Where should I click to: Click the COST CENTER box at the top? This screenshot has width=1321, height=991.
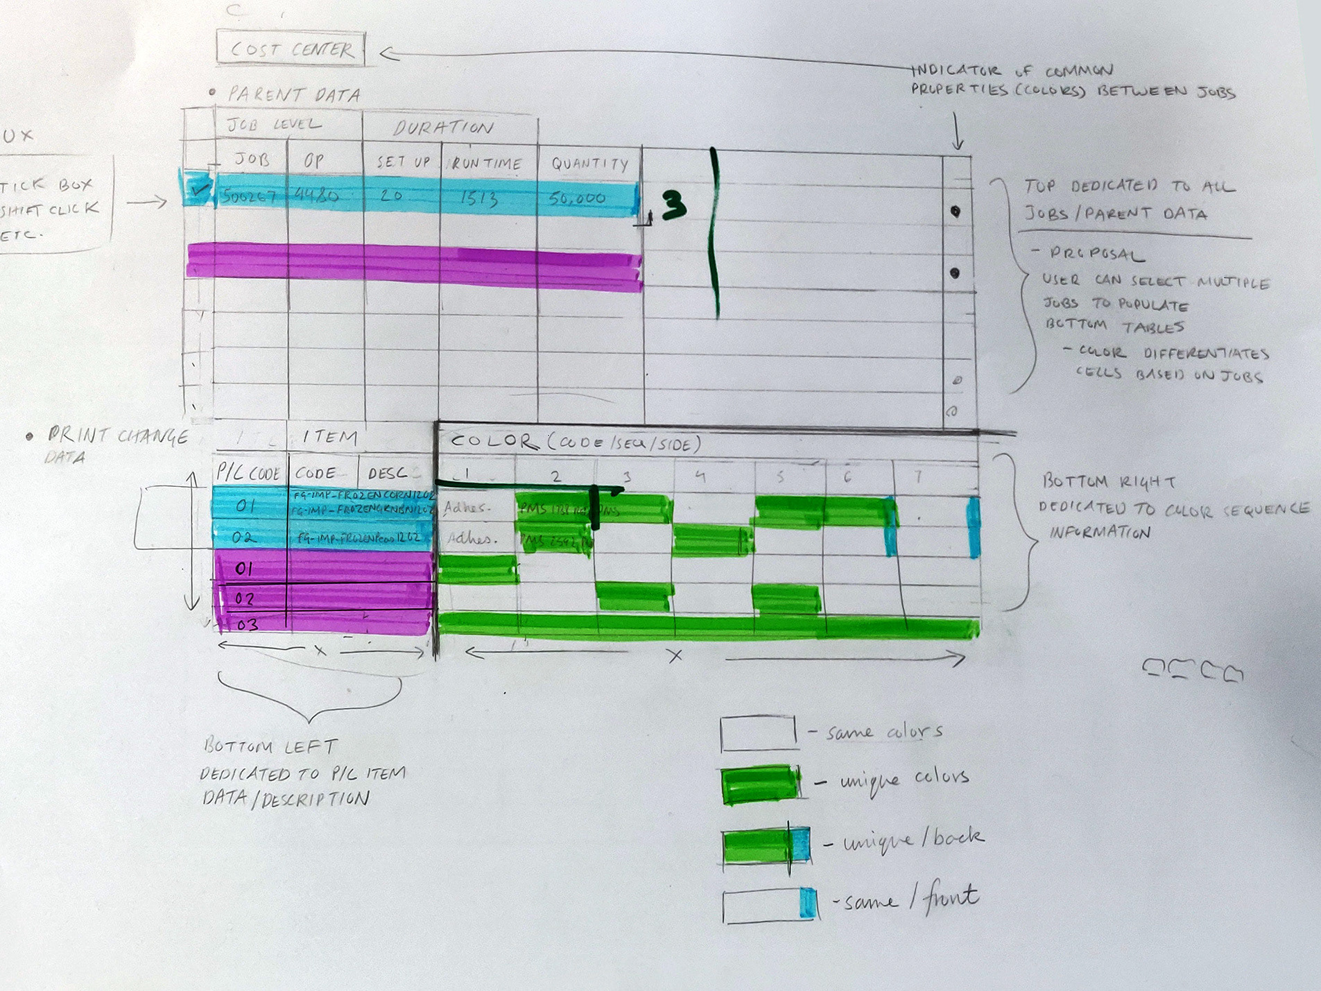[x=291, y=49]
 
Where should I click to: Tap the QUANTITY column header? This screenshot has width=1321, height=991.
[x=589, y=164]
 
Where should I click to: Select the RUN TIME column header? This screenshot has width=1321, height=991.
[x=487, y=164]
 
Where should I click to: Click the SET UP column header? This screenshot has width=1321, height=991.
[x=403, y=162]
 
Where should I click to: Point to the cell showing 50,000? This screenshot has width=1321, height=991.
[x=577, y=199]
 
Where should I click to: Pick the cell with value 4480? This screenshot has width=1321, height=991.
[x=316, y=196]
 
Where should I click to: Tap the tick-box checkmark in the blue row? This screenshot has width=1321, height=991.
[x=199, y=189]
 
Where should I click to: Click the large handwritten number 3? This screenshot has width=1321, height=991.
[x=673, y=205]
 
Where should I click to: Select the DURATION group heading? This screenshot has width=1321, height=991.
[x=444, y=128]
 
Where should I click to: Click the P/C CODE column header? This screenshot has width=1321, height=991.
[x=248, y=474]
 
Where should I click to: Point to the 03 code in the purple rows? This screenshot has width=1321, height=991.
[x=248, y=625]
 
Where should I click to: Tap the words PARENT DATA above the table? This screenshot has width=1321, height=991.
[x=294, y=95]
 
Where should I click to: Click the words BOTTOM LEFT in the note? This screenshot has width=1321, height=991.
[x=270, y=747]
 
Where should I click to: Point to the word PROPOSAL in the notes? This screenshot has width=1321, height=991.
[x=1096, y=254]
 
